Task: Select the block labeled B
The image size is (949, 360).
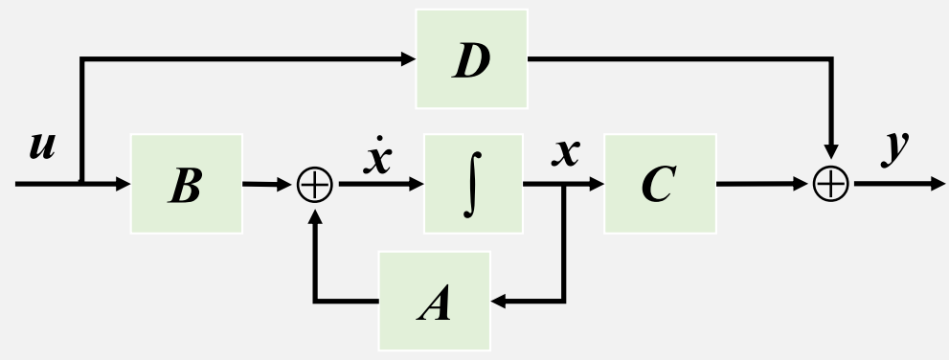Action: coord(186,184)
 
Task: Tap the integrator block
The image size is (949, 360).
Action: coord(473,184)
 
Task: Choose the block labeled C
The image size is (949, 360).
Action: coord(660,184)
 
